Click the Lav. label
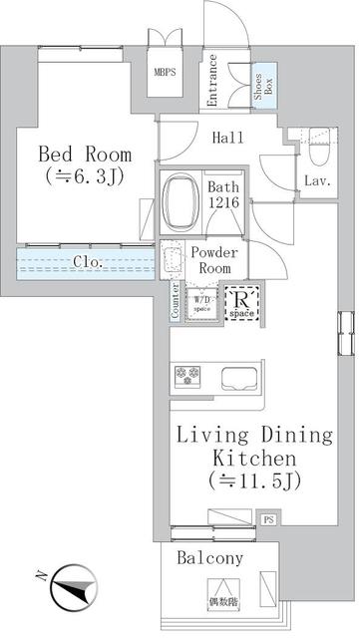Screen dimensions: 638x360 (x=318, y=180)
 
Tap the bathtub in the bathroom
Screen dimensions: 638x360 (x=181, y=203)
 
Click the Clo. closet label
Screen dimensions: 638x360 (x=87, y=263)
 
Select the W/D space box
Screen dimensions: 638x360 (x=202, y=302)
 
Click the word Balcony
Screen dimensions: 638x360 (x=210, y=559)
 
